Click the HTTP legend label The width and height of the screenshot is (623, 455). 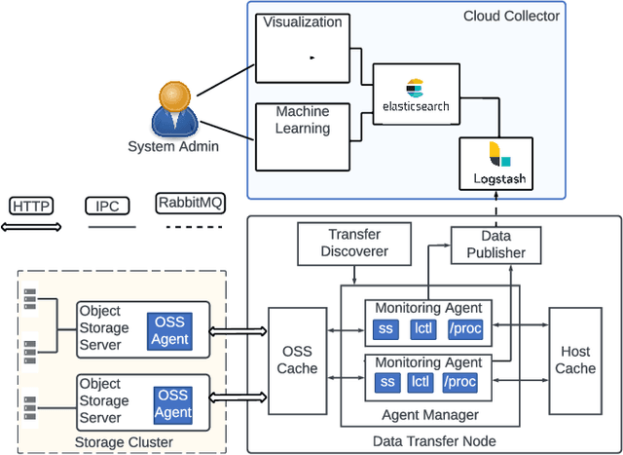[x=32, y=206]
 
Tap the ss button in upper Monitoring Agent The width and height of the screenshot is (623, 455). [x=386, y=328]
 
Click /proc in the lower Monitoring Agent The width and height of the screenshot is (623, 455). [x=461, y=381]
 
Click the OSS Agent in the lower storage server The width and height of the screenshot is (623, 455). [x=172, y=403]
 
